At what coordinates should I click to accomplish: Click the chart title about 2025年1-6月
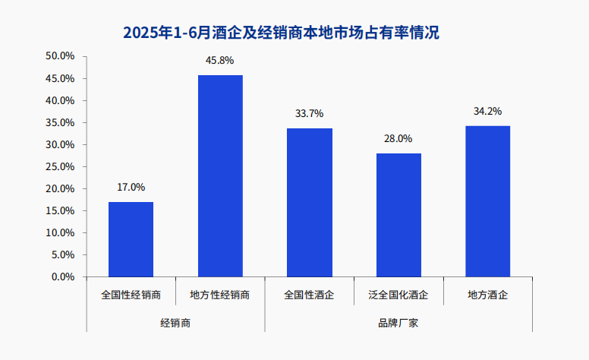tap(281, 33)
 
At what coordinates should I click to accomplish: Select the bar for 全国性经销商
tap(131, 239)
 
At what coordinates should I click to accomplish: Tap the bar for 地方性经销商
tap(220, 175)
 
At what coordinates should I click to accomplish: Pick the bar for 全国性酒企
tap(309, 202)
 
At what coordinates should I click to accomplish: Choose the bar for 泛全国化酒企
tap(398, 215)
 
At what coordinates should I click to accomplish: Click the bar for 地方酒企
tap(487, 201)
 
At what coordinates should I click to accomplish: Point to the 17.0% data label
tap(131, 187)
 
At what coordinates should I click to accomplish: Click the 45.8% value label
tap(220, 60)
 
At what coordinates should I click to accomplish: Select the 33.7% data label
tap(309, 113)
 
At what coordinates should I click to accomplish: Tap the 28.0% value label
tap(398, 138)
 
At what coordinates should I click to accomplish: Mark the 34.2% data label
tap(487, 111)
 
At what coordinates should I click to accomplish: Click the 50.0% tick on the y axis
tap(60, 56)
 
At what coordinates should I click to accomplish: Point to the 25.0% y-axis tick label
tap(60, 166)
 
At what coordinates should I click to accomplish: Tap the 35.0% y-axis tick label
tap(60, 122)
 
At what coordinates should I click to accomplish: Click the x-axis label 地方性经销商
tap(220, 294)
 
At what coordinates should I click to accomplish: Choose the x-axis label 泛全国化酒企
tap(398, 294)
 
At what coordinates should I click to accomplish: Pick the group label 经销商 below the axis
tap(175, 322)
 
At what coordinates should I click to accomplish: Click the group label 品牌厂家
tap(398, 322)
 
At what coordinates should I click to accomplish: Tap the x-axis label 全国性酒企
tap(309, 294)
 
